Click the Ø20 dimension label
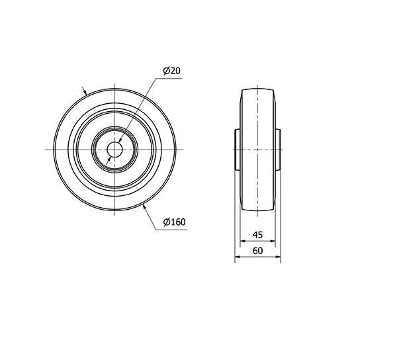tap(172, 71)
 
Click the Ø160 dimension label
tap(175, 222)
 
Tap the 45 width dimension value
tap(258, 235)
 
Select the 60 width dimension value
tap(258, 251)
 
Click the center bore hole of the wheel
tap(114, 150)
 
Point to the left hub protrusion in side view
tap(238, 150)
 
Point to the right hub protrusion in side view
tap(278, 150)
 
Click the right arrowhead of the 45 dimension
tap(273, 241)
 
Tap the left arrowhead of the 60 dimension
tap(238, 257)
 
